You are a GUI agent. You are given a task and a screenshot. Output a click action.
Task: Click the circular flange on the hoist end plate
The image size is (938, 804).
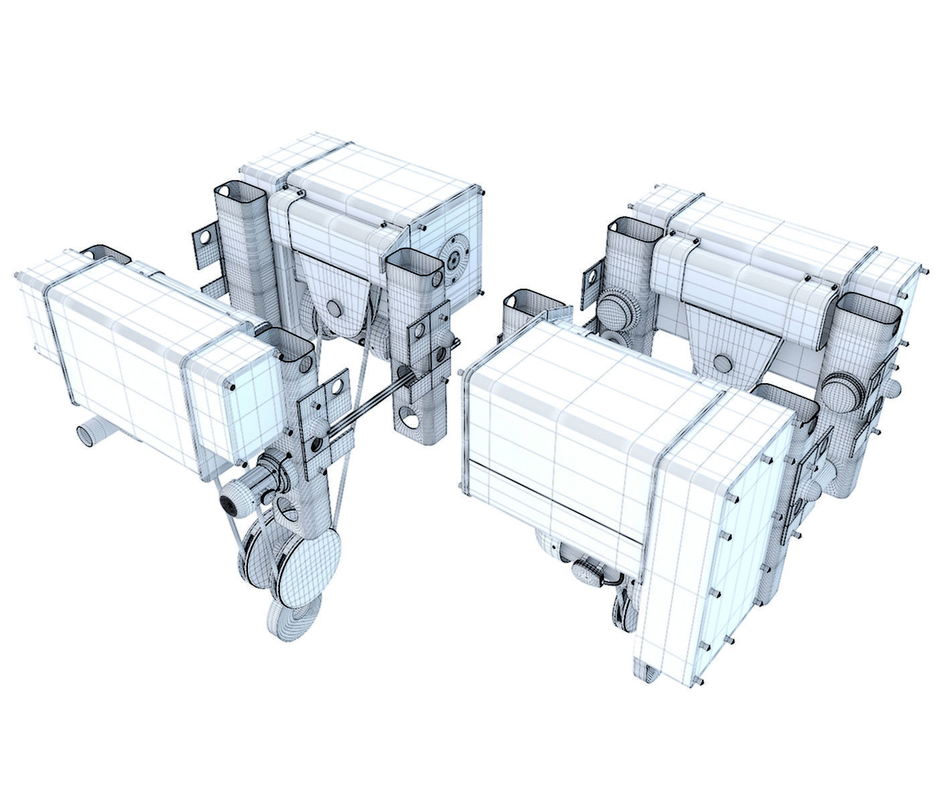455,259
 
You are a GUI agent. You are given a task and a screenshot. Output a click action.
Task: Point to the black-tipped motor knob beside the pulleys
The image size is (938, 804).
231,503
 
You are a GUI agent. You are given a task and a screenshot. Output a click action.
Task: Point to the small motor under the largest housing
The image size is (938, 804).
590,574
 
